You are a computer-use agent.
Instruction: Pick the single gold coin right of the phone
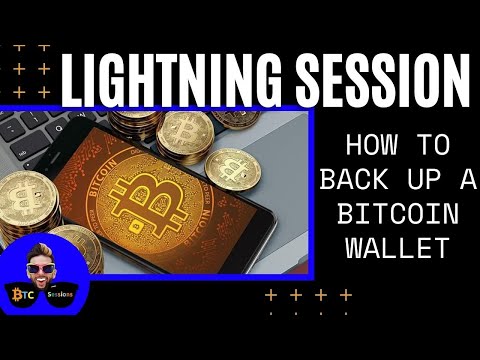(x=232, y=170)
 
